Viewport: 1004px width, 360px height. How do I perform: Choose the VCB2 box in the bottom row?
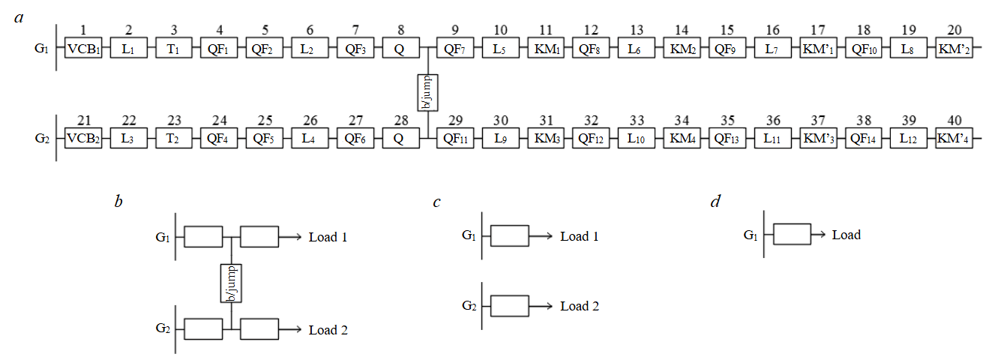coord(83,139)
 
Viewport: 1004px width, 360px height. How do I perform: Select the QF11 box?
coord(453,139)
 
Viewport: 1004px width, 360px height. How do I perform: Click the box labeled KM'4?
coord(954,139)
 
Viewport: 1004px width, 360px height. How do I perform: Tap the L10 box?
coord(635,139)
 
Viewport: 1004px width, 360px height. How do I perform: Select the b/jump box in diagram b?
coord(231,283)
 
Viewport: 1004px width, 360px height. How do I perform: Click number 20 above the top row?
coord(954,30)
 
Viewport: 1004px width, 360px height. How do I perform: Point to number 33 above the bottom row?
coord(635,119)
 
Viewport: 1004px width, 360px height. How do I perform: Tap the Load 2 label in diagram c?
coord(580,306)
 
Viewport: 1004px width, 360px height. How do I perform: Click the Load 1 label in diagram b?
coord(328,237)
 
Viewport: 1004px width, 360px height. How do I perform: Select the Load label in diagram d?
coord(846,235)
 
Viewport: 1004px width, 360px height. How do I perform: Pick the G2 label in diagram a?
coord(43,139)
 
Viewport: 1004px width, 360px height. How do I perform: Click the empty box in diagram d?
coord(792,235)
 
